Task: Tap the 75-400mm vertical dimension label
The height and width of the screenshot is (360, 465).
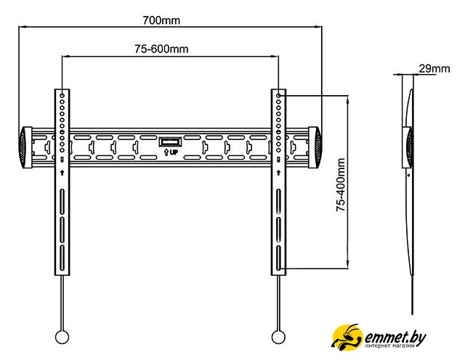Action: tap(340, 187)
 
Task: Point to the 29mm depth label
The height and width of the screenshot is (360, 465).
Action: tap(434, 69)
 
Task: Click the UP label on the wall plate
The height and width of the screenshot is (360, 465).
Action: tap(171, 152)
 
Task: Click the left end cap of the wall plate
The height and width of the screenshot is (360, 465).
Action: tap(25, 147)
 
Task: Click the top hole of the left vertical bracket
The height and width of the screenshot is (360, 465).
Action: tap(62, 95)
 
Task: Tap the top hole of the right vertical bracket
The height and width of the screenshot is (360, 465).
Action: tap(278, 95)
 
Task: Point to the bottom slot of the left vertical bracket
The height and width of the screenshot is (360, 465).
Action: tap(62, 258)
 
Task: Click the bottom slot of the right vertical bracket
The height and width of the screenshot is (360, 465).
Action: tap(278, 258)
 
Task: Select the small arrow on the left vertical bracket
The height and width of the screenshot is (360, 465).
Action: tap(62, 173)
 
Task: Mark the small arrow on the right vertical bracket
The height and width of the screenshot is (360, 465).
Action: tap(278, 173)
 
